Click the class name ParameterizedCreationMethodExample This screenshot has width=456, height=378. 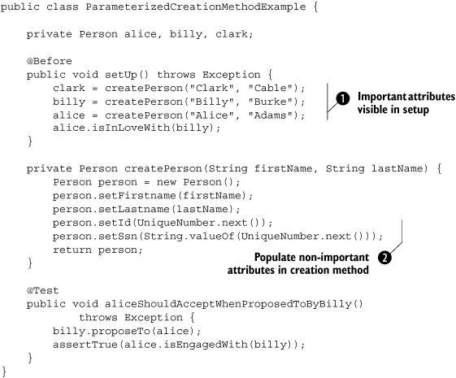(x=196, y=7)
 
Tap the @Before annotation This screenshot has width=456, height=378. (x=49, y=61)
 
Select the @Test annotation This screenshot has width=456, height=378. (x=43, y=290)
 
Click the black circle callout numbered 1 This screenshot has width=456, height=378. (x=343, y=98)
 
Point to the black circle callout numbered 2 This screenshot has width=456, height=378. (x=384, y=258)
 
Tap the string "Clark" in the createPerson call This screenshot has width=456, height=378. (x=211, y=88)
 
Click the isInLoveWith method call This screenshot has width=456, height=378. (x=131, y=128)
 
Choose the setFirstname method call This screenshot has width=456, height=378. (x=137, y=196)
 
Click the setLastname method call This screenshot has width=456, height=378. (x=134, y=210)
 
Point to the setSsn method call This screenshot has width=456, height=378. (x=118, y=237)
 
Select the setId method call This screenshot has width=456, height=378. (x=115, y=223)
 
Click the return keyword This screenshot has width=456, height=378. (x=72, y=250)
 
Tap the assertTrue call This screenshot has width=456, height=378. (x=85, y=345)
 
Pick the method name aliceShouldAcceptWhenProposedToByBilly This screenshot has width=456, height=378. (x=228, y=304)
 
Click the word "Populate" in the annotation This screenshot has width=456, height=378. (x=274, y=258)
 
